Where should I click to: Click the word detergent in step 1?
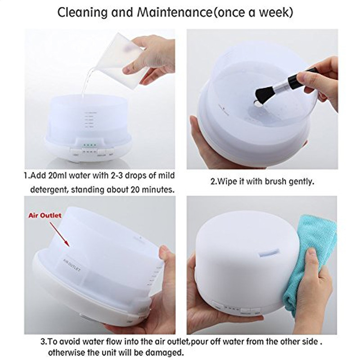50,189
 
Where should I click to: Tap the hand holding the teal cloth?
310,288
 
